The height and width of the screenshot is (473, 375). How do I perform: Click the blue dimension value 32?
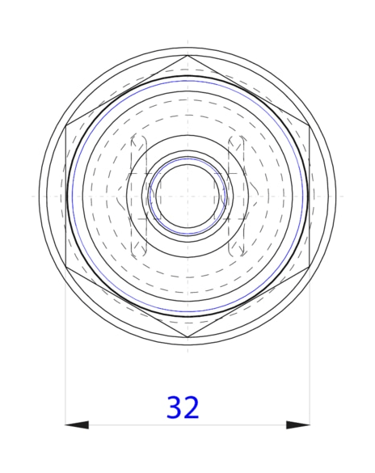[x=183, y=408]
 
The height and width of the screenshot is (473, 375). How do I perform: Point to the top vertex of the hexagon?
[x=187, y=55]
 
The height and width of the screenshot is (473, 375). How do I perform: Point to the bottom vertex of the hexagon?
[x=187, y=337]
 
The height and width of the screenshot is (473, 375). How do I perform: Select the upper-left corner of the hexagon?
[x=65, y=125]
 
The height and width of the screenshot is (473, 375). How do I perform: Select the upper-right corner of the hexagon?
[x=310, y=125]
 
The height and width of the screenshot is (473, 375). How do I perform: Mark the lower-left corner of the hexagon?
[x=65, y=267]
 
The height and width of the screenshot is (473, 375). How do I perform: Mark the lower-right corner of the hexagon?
[x=310, y=267]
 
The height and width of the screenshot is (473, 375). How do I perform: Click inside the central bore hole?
[x=187, y=196]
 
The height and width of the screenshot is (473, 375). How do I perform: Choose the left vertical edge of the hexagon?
[x=65, y=196]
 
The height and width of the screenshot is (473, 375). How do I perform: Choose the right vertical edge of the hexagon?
[x=310, y=196]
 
